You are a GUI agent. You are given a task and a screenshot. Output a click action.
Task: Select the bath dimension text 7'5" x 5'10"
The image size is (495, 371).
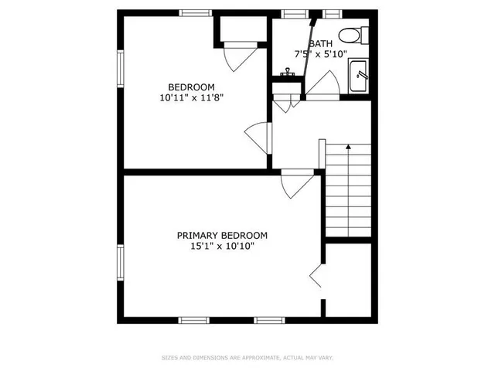pos(320,54)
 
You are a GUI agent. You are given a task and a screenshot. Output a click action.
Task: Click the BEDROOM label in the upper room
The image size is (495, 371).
pos(191,87)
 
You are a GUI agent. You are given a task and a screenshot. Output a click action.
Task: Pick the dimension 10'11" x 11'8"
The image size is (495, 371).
pos(191,98)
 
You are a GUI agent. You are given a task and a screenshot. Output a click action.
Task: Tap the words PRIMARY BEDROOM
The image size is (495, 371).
pos(222,236)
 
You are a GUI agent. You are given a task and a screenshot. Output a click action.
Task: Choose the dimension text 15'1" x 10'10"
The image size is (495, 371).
pos(222,247)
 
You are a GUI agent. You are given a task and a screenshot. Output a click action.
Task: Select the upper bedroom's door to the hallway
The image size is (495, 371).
pos(258,138)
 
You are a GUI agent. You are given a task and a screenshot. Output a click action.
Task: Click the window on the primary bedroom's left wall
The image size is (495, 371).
pos(120,264)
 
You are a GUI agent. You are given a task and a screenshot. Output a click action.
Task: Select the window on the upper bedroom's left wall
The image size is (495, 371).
pos(120,69)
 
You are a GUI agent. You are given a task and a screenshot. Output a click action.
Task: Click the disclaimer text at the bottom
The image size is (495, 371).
pos(247,357)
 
